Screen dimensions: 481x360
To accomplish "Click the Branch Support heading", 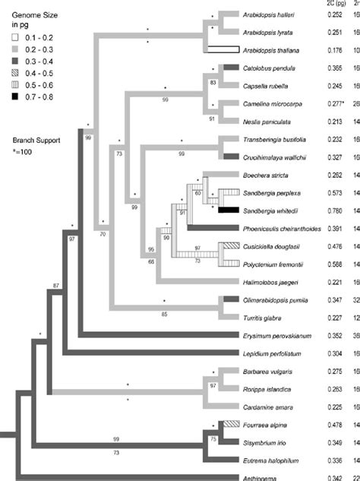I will coord(35,120).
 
